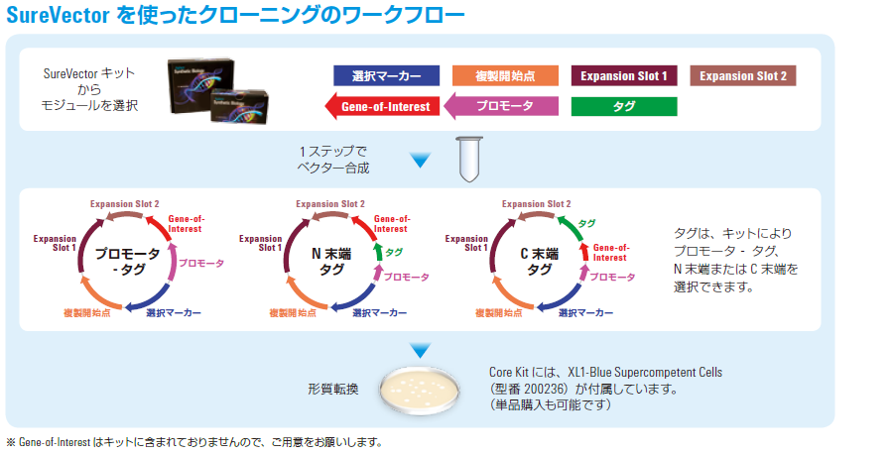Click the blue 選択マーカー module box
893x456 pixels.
[x=386, y=75]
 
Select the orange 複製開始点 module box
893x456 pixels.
[x=505, y=75]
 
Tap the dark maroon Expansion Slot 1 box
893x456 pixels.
[x=624, y=75]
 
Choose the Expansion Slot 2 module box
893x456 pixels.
[x=742, y=75]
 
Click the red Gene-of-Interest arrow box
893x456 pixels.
[x=382, y=106]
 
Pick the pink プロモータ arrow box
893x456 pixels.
[x=501, y=106]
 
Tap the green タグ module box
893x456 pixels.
[x=624, y=106]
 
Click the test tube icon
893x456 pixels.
[x=469, y=159]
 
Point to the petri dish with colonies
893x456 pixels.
[x=421, y=390]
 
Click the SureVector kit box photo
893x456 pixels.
[x=217, y=88]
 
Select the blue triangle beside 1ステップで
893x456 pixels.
[x=421, y=161]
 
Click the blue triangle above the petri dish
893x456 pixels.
[x=421, y=350]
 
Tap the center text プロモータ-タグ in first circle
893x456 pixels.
[x=128, y=262]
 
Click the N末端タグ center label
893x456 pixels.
[x=331, y=262]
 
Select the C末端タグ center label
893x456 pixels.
[x=539, y=262]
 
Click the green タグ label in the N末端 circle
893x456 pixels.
[x=394, y=252]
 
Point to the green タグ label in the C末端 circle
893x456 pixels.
[x=586, y=223]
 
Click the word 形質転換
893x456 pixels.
[x=333, y=390]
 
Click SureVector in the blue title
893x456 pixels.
[x=58, y=15]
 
